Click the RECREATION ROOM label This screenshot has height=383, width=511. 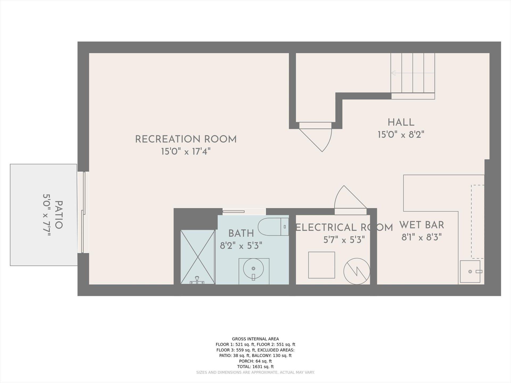point(186,139)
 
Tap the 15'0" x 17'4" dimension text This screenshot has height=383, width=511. point(186,152)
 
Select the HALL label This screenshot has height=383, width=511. point(401,122)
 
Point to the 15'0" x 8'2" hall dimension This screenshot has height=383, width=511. point(401,135)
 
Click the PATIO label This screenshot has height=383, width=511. point(59,215)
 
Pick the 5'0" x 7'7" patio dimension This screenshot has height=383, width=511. point(47,215)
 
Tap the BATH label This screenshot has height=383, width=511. point(241,233)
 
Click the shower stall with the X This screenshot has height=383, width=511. point(197,257)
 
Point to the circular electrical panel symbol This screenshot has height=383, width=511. point(357,271)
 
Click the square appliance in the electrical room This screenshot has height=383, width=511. point(322,265)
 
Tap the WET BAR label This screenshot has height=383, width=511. point(422,225)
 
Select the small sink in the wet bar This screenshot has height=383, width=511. point(470,271)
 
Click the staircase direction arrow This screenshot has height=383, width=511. point(413,73)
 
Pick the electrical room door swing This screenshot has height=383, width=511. point(350,197)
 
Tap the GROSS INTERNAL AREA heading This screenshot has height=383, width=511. point(256,339)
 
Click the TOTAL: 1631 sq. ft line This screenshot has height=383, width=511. point(256,367)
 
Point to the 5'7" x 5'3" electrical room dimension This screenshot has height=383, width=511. point(344,240)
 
